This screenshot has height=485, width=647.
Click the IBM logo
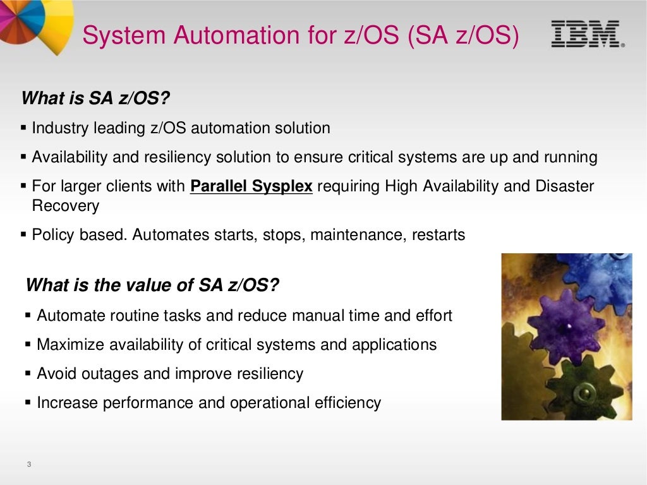[586, 34]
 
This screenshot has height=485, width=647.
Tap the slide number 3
[29, 465]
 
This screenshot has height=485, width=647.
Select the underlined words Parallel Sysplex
[251, 187]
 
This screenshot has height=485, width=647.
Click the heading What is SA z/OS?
[96, 99]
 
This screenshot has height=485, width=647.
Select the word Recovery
[65, 206]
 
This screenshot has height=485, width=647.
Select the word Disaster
[565, 187]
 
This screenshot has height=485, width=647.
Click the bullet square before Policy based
[24, 236]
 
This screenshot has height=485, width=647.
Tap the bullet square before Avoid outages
[28, 374]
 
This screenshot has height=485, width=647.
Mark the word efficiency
[348, 403]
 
